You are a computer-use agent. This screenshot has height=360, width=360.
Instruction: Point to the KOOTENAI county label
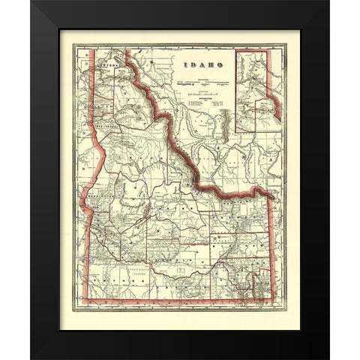point(101,65)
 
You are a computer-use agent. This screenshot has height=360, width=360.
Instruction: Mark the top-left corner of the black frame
point(31,2)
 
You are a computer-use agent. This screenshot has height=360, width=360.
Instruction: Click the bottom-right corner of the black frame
point(328,358)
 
